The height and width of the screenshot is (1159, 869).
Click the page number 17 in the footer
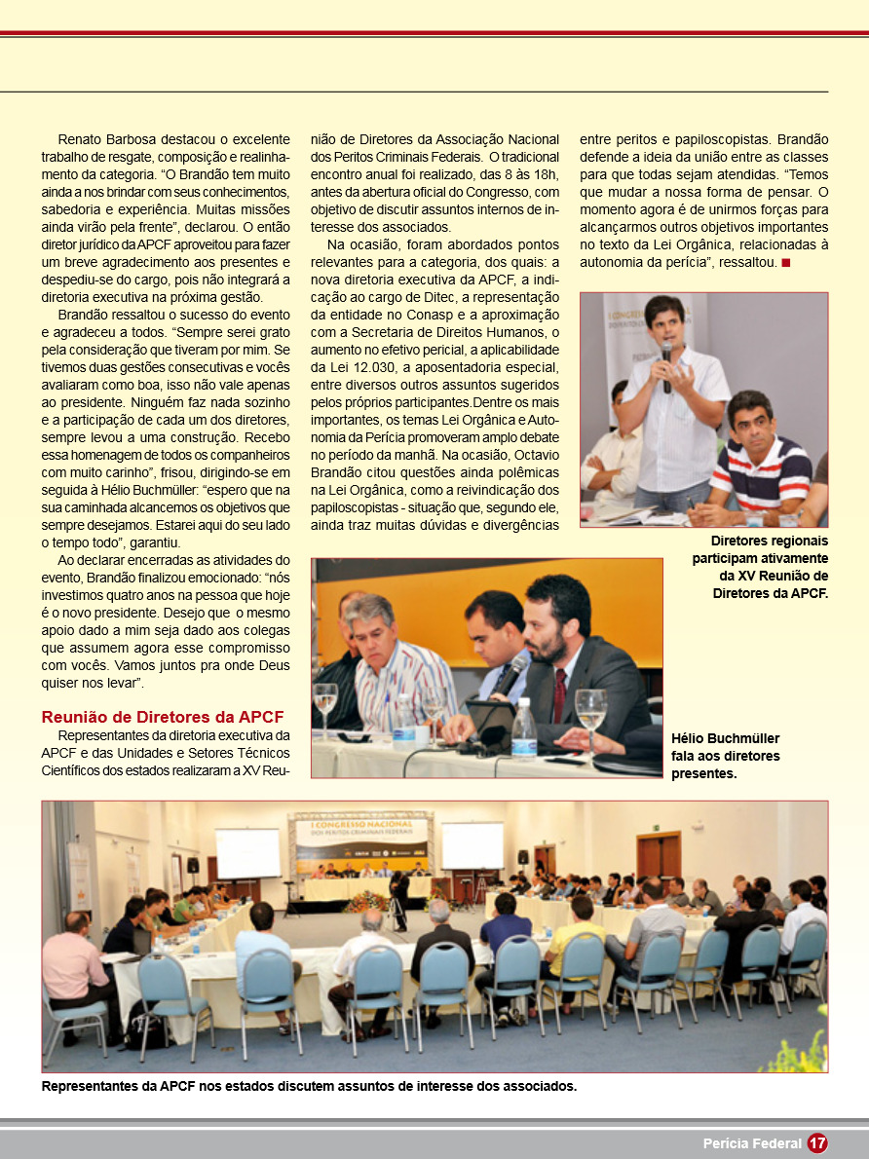(817, 1143)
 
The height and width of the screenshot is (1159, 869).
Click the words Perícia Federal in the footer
(752, 1143)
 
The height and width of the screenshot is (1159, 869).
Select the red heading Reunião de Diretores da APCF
(163, 718)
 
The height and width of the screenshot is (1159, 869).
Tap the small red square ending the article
(785, 263)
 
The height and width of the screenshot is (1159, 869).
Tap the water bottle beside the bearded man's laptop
(524, 725)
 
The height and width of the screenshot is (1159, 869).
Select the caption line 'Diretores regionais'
(770, 541)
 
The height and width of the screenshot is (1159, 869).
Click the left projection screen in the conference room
(247, 853)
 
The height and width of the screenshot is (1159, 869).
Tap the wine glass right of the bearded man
(590, 712)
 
